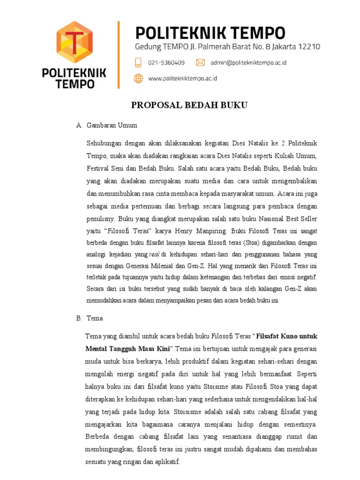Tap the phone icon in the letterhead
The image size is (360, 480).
138,62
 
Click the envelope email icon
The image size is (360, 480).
200,62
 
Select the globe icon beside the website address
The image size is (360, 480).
138,79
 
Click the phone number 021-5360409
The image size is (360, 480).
166,63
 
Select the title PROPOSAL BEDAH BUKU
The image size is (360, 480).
189,105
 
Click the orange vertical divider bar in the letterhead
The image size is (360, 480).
119,54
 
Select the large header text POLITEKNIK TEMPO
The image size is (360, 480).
210,33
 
